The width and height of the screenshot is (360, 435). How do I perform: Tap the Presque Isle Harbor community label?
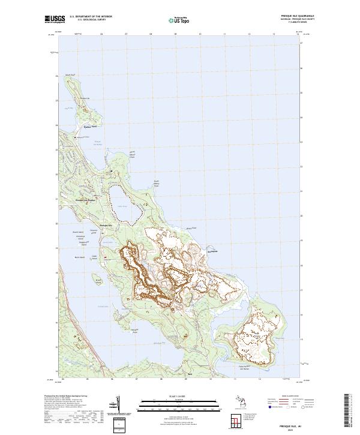click(x=85, y=200)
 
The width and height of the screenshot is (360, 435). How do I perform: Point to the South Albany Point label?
click(x=157, y=183)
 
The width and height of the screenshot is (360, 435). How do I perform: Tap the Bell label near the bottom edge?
click(x=190, y=374)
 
